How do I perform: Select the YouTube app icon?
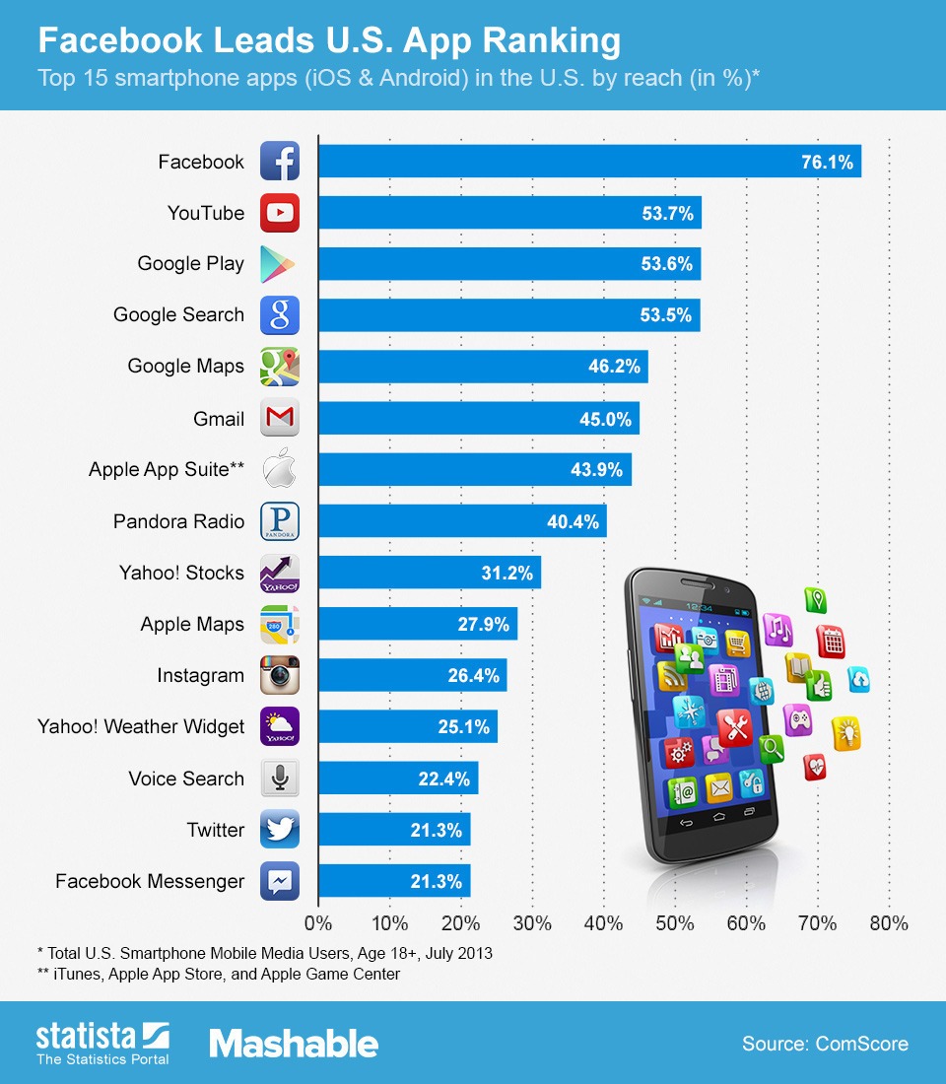[x=280, y=212]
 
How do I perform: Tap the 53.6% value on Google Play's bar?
[x=669, y=264]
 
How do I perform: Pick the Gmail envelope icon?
[x=280, y=418]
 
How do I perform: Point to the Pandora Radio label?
[x=178, y=521]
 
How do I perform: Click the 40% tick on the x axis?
[x=603, y=923]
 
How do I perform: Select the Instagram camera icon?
[x=280, y=675]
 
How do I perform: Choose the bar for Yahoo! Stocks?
[x=429, y=573]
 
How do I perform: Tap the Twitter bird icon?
[x=280, y=829]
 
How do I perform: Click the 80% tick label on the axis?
[x=889, y=923]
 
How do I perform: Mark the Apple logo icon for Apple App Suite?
[x=280, y=470]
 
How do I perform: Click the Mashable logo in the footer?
[x=294, y=1044]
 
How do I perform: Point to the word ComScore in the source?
[x=862, y=1044]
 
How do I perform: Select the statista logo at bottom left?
[x=102, y=1043]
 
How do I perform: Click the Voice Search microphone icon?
[x=280, y=778]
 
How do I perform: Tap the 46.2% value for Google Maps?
[x=615, y=367]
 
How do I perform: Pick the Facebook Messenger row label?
[x=149, y=881]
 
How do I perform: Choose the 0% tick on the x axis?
[x=318, y=923]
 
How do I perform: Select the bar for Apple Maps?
[x=417, y=624]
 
